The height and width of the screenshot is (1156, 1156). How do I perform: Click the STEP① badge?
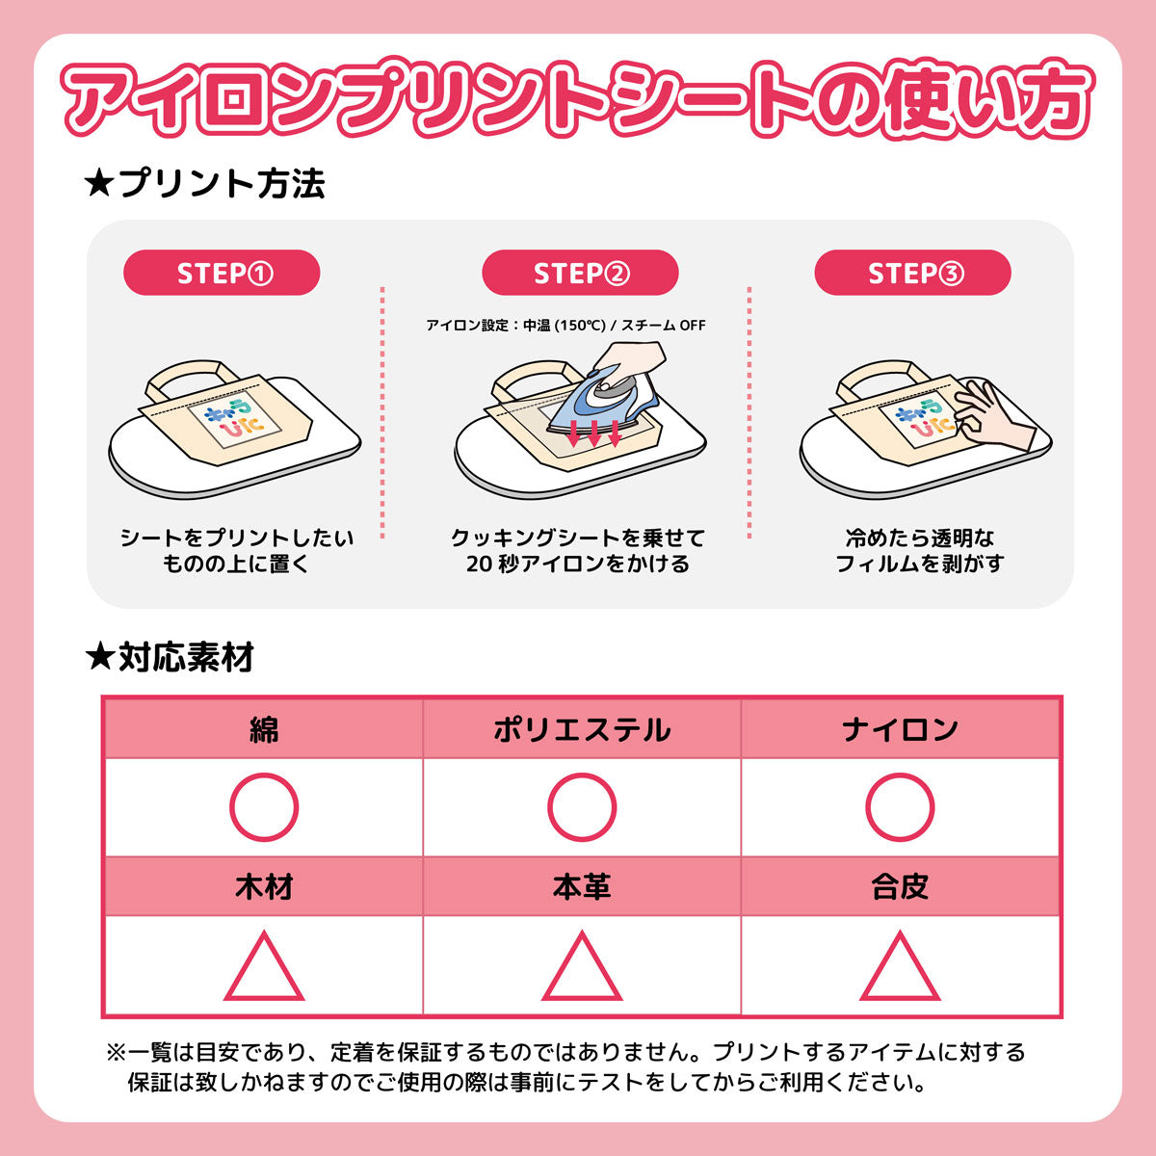tap(222, 274)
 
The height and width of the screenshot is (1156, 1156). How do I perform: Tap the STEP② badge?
tap(580, 274)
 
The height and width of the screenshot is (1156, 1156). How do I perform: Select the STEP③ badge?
tap(912, 274)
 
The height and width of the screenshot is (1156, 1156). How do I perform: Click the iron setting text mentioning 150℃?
tap(565, 326)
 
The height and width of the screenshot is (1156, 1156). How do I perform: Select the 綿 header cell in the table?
tap(263, 729)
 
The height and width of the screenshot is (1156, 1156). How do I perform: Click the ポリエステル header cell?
tap(582, 729)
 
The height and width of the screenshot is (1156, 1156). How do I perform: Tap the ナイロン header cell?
tap(900, 729)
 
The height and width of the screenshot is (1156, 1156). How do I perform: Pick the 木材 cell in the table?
tap(263, 886)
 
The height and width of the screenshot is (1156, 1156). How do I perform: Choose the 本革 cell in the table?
tap(582, 886)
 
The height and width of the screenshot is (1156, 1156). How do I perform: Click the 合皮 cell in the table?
tap(900, 886)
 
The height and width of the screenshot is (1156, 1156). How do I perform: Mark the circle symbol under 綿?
tap(264, 806)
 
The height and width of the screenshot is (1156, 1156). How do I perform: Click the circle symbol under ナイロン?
tap(900, 806)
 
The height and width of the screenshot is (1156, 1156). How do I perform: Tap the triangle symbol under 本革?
tap(582, 967)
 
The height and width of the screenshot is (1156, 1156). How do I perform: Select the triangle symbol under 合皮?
tap(900, 967)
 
